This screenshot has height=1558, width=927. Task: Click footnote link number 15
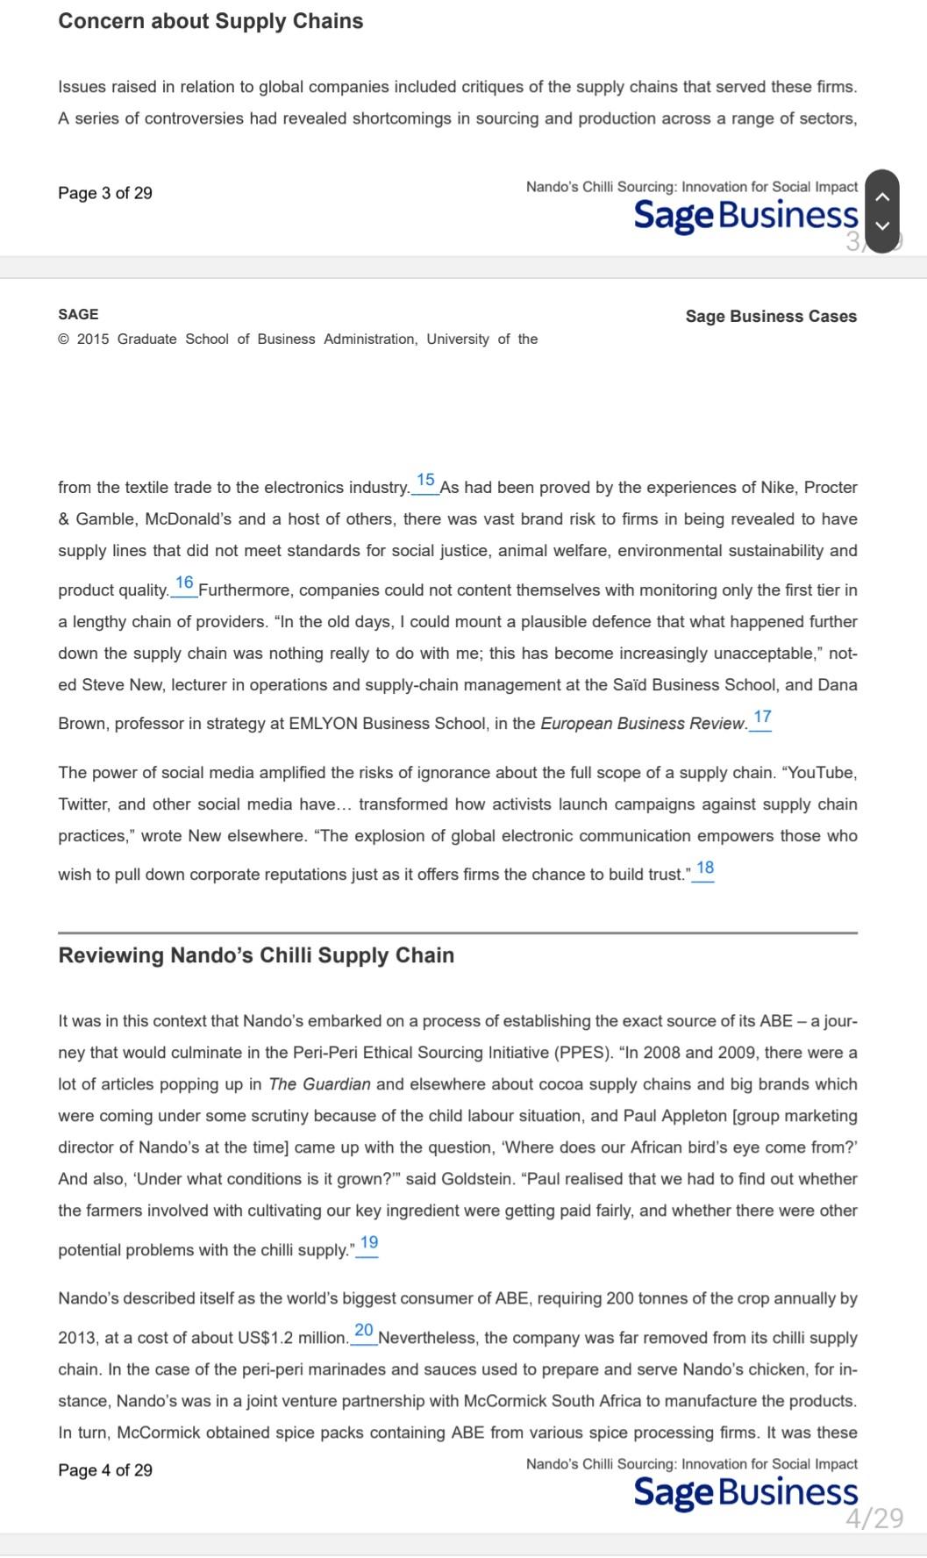425,481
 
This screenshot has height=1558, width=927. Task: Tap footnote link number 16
184,583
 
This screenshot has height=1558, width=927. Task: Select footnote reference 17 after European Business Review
762,718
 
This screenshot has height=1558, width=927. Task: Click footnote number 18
704,868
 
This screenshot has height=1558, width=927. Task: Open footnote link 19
369,1243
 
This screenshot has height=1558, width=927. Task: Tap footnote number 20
364,1331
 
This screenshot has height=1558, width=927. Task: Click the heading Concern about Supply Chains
210,21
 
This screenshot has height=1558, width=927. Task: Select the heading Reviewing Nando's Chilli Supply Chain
256,955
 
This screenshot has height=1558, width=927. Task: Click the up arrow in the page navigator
882,197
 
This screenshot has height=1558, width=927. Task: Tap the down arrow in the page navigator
882,225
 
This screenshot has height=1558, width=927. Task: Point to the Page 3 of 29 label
105,193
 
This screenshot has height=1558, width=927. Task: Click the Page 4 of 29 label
105,1470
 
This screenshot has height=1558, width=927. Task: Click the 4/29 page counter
874,1519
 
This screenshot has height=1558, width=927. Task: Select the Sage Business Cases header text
771,317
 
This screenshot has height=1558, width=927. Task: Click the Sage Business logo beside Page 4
745,1492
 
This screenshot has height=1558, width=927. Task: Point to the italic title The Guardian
319,1084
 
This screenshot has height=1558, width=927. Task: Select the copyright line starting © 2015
297,339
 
